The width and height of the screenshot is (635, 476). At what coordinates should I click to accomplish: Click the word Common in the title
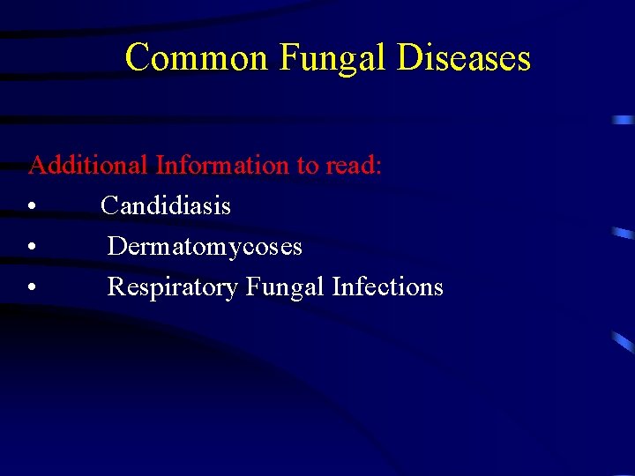click(x=196, y=58)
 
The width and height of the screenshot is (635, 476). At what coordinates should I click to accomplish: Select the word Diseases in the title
click(x=464, y=58)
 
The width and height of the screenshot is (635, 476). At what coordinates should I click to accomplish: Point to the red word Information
click(x=222, y=165)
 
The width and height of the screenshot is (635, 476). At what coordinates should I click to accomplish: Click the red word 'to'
click(x=309, y=166)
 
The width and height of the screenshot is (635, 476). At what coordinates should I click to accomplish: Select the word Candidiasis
click(x=166, y=206)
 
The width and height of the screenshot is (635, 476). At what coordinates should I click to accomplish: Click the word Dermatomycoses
click(x=205, y=247)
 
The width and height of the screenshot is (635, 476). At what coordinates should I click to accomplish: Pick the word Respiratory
click(x=173, y=287)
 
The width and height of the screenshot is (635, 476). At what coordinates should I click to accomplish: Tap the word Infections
click(x=387, y=287)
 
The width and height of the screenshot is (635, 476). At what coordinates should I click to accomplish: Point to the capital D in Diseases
click(x=409, y=58)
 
